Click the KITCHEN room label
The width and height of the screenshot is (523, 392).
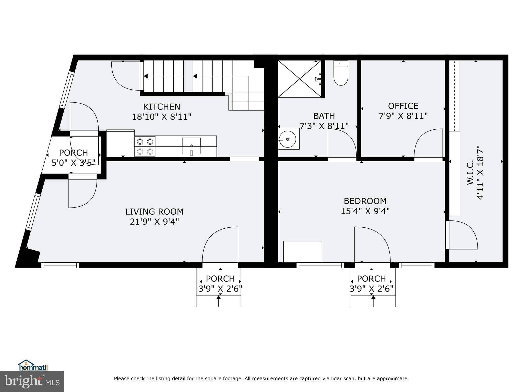point(161,106)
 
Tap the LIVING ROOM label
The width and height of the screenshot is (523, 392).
point(154,212)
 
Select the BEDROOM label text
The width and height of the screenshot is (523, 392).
point(365,201)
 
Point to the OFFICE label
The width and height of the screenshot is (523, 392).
point(403,106)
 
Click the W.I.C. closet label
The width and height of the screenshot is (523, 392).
point(470,172)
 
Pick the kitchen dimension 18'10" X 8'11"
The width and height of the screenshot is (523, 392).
point(161,117)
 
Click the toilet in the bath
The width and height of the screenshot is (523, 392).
point(341,73)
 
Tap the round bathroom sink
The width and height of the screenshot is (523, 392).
point(288,139)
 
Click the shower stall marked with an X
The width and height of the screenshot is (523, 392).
point(300,79)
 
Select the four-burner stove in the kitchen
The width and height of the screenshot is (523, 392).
point(145,146)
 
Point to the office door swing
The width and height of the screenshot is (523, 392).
point(428,143)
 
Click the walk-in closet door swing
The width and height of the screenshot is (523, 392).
point(463,235)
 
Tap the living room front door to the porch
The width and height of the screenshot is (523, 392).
point(220,244)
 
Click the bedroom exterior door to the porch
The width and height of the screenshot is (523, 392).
point(372,244)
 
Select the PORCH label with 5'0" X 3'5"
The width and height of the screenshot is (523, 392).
point(74,158)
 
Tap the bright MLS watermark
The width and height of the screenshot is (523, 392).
point(32,381)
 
